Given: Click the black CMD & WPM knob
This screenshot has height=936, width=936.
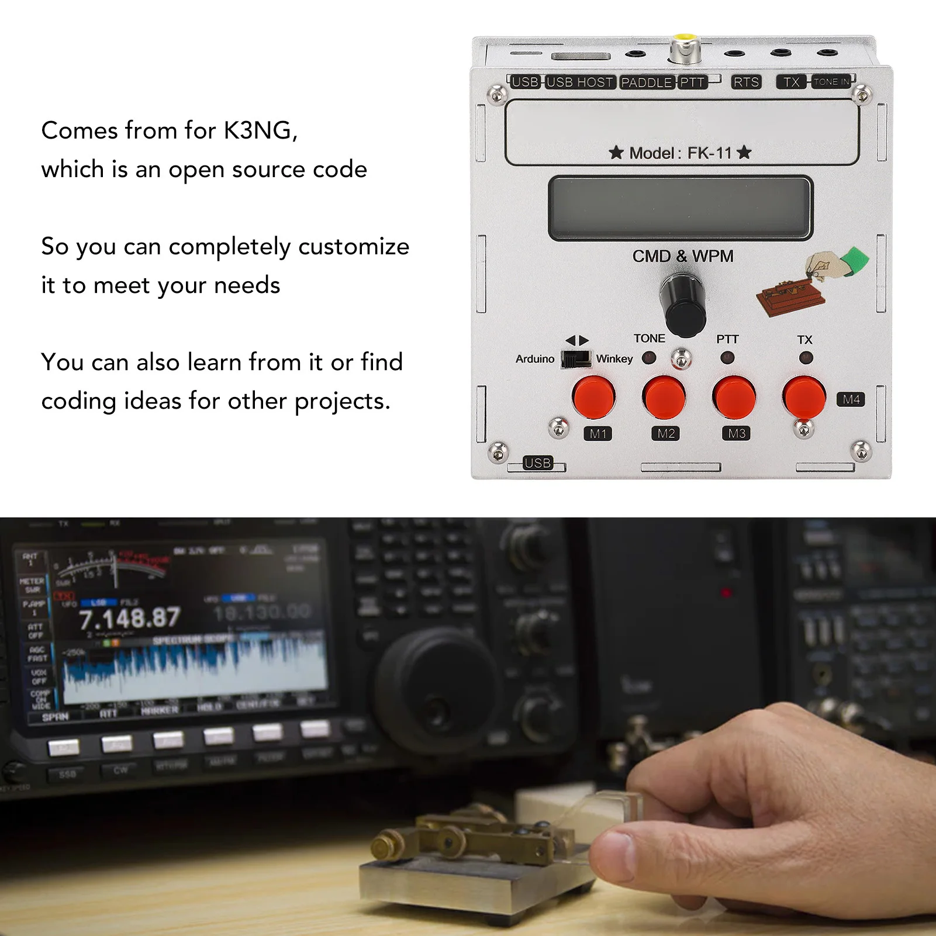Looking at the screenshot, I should pos(682,304).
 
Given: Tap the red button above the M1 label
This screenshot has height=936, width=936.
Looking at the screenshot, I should pos(593,397).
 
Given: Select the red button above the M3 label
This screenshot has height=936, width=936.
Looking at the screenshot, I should pos(734,397).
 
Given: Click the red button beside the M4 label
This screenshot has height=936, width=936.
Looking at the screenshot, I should pos(804,397).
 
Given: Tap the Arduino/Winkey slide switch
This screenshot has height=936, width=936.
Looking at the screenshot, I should pos(576,358).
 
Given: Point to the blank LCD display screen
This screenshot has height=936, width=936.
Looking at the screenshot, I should pos(680,208).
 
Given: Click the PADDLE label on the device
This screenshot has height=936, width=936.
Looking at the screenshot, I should pos(646,82).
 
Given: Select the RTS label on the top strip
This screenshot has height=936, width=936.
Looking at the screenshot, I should pos(746,82).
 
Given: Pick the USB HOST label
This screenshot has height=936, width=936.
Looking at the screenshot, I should pos(579,82).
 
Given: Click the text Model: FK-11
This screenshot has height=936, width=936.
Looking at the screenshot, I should pos(680,153).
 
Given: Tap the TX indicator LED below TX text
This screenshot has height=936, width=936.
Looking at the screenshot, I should pos(806,357).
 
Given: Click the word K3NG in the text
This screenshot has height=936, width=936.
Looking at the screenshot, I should pos(260,130).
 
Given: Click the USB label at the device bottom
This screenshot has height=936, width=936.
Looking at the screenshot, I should pos(537,463).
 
